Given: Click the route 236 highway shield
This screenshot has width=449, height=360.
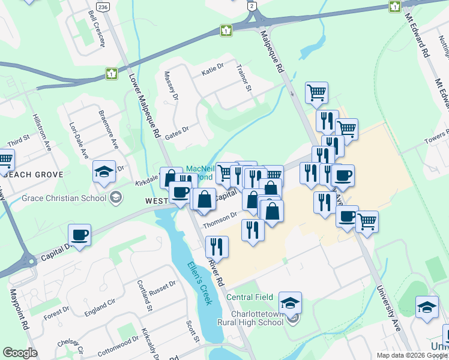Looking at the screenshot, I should pos(104,7).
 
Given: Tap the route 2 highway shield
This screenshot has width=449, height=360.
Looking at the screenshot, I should pos(252,5).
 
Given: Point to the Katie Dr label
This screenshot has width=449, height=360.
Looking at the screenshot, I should pos(212,72).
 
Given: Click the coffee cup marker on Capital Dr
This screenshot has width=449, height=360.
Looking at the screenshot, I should pos(79,235).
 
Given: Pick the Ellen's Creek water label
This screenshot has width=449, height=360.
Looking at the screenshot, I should pos(199,283).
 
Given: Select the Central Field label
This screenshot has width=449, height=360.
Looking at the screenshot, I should pos(250,297).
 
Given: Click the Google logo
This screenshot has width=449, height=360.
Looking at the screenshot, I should pos(20,352).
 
